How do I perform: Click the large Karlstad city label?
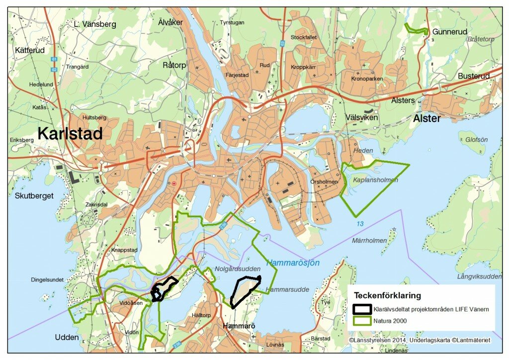tap(70, 133)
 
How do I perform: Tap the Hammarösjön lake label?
tap(293, 263)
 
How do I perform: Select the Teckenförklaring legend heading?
tap(387, 294)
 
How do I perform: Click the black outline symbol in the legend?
tap(363, 309)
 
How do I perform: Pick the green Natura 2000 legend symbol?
tap(363, 321)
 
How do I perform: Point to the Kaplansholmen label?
tap(375, 180)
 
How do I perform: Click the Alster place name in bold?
tap(426, 119)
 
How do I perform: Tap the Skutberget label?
tap(34, 195)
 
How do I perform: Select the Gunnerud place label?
tap(450, 31)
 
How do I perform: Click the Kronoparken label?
tap(367, 79)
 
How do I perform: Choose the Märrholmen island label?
tap(369, 241)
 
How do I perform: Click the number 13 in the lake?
tap(359, 224)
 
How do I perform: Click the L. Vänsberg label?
tap(94, 23)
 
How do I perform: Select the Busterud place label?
tap(474, 76)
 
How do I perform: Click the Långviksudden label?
tap(479, 276)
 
